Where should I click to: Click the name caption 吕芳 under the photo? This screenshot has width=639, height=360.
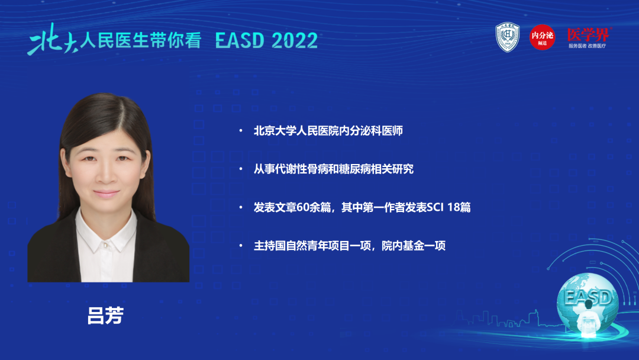tap(105, 316)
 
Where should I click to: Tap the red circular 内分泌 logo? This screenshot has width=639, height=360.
tap(542, 37)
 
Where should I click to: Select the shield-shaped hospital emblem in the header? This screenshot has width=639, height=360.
tap(507, 37)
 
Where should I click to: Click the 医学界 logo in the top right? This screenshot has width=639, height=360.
tap(588, 34)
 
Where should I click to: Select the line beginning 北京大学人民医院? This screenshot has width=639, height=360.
tap(328, 131)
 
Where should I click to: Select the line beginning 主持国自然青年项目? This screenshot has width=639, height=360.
tap(349, 246)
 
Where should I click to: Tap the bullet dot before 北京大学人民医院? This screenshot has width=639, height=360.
tap(240, 131)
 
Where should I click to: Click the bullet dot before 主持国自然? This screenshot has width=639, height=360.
tap(240, 246)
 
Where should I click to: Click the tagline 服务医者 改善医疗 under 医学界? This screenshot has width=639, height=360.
tap(588, 46)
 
